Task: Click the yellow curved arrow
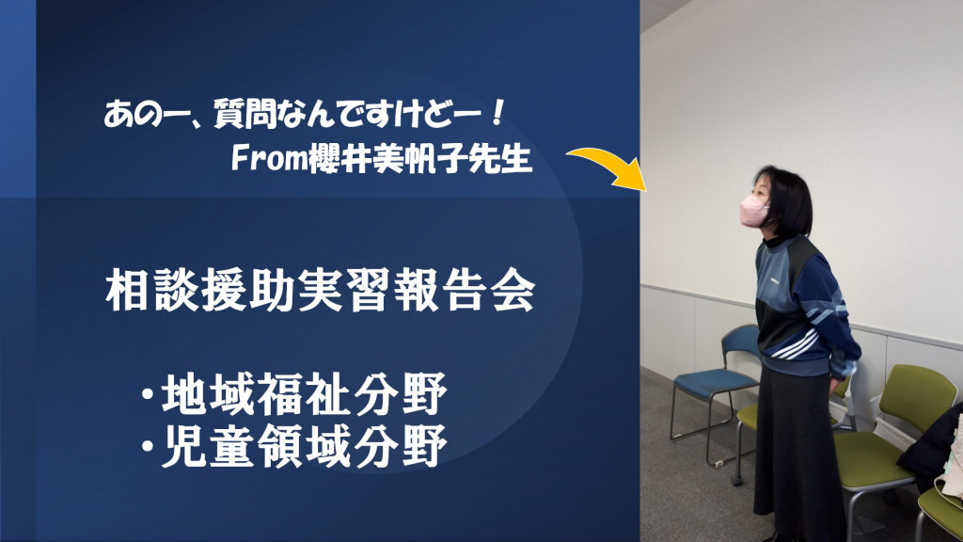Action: pos(608,160)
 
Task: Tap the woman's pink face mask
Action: pos(753,210)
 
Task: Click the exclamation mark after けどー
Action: pos(498,115)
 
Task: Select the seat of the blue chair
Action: pos(716,382)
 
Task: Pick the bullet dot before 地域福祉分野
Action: pos(147,395)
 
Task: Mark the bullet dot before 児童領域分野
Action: pos(147,447)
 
